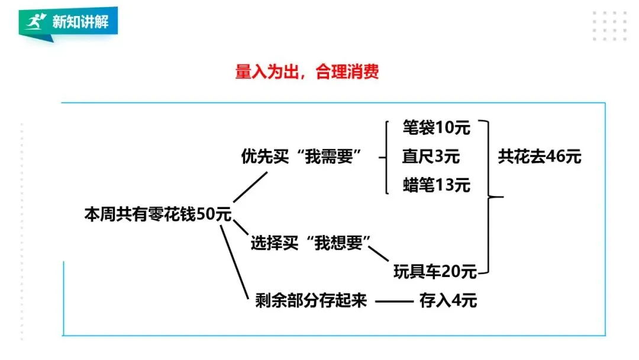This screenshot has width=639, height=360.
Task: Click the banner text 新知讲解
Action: coord(80,22)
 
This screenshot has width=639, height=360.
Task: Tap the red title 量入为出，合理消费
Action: coord(306,73)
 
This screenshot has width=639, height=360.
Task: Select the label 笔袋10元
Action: coord(436,127)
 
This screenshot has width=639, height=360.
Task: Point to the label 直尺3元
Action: coord(431,156)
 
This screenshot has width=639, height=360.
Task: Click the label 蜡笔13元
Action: coord(436,185)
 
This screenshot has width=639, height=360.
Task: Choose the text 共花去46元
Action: coord(539,156)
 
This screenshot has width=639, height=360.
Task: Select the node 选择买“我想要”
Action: coord(310,243)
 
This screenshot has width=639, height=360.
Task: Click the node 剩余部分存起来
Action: coord(311,301)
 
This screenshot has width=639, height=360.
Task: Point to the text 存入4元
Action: coord(447,301)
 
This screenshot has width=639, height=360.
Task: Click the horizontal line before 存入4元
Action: coord(393,301)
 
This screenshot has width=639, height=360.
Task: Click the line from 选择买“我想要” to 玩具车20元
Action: coord(380,253)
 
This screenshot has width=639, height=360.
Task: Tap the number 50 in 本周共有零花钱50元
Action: coord(205,214)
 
